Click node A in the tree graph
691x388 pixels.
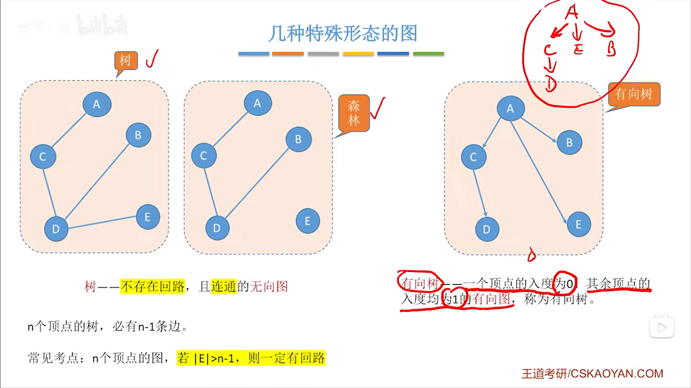(97, 104)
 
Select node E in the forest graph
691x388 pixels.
(308, 221)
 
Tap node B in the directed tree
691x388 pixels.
(569, 142)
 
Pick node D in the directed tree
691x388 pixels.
(486, 229)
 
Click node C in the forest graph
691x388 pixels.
(203, 156)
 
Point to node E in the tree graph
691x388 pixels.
(148, 217)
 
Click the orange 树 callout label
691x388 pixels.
(126, 60)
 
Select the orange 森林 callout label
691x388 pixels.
(354, 113)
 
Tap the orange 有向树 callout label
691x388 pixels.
(634, 94)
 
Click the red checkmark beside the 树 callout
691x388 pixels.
(152, 59)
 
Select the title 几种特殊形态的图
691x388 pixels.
(343, 33)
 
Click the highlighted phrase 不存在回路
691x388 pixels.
(153, 287)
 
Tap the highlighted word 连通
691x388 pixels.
(224, 287)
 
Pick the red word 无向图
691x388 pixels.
(269, 287)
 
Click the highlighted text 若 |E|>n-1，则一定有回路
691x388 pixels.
(251, 358)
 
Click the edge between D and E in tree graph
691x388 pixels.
(102, 222)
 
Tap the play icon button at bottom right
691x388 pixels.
(661, 327)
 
